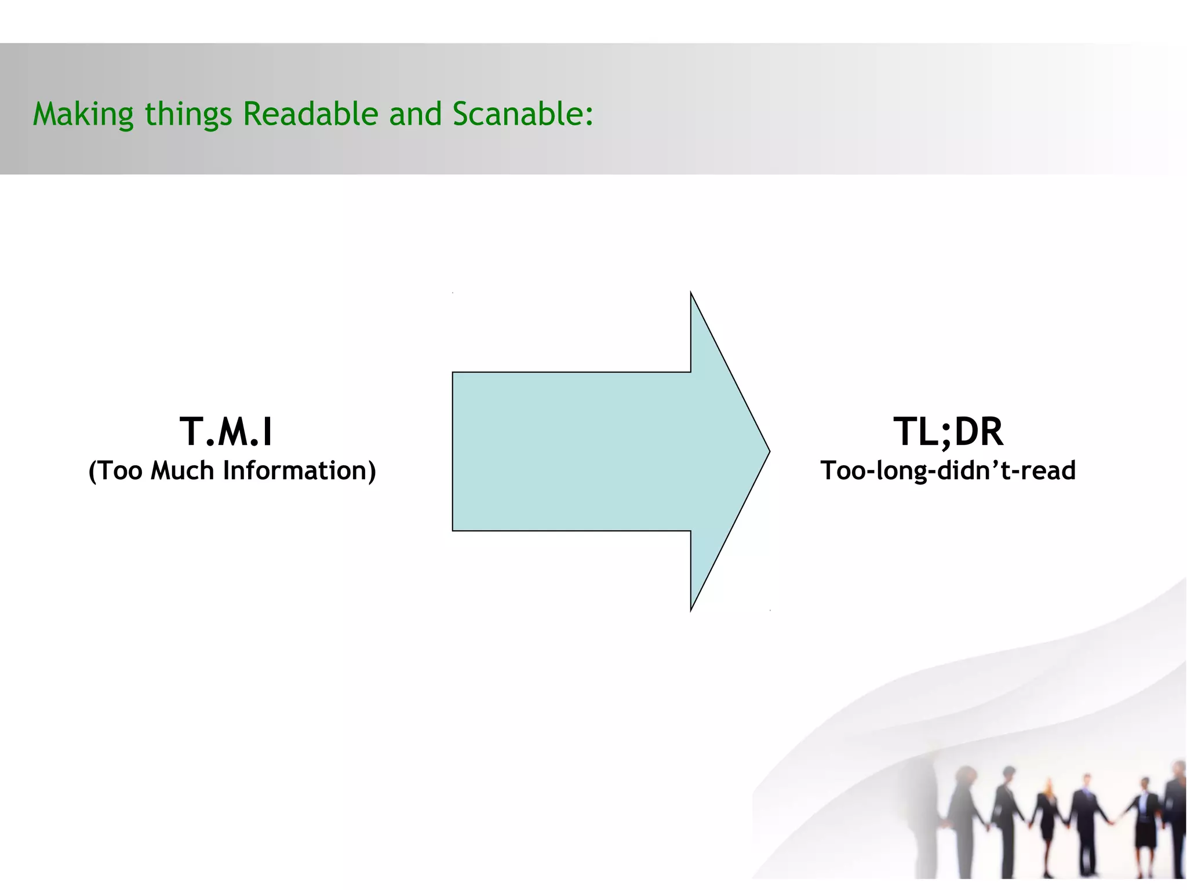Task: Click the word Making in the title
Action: (x=83, y=114)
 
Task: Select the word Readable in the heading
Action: (x=310, y=114)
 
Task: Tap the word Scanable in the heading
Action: (x=516, y=114)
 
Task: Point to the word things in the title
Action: (x=188, y=115)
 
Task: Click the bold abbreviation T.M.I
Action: (x=226, y=432)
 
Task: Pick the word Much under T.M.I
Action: (x=182, y=470)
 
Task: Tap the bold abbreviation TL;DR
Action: (x=948, y=432)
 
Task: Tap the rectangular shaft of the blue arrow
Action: (x=571, y=451)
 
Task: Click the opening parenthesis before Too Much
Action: (x=92, y=471)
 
